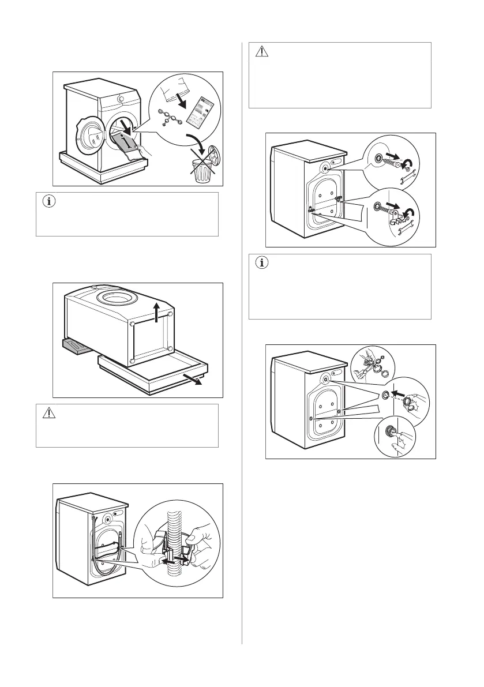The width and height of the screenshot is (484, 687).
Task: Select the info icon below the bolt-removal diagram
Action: tap(262, 264)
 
